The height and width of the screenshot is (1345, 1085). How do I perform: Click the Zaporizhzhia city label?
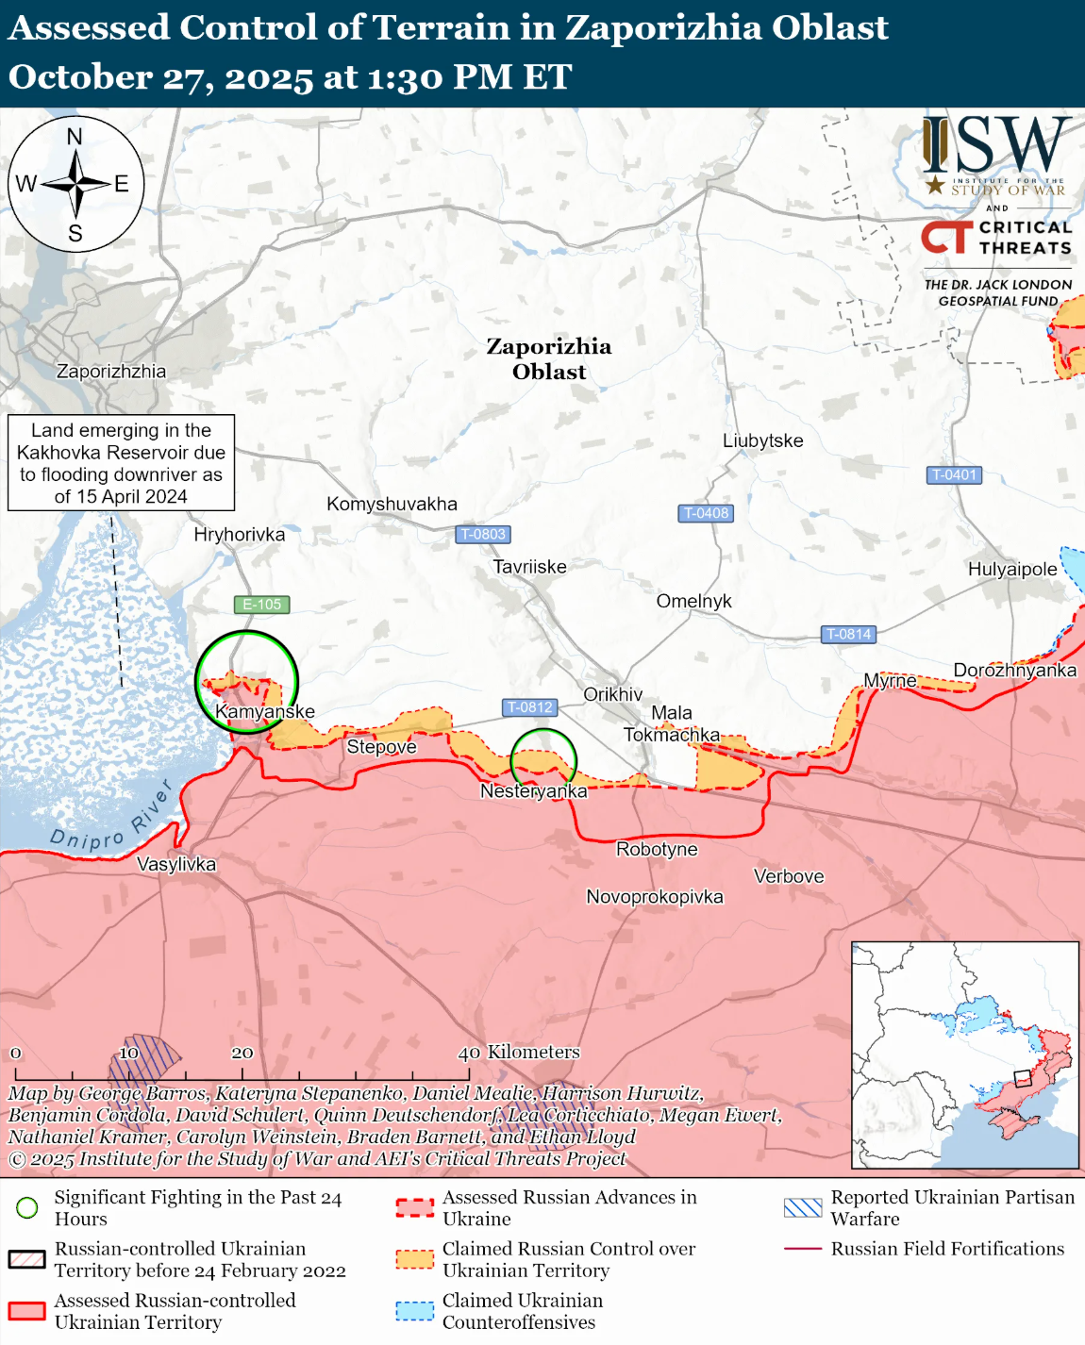[111, 372]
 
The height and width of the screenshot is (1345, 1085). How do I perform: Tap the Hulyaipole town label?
[1012, 569]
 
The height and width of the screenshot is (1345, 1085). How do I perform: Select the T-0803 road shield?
[483, 534]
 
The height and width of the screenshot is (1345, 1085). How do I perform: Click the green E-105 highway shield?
[261, 605]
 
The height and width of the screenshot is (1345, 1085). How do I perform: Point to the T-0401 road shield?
[954, 474]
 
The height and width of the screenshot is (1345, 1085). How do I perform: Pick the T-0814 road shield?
[848, 634]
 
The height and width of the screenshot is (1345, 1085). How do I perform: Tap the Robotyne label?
[657, 849]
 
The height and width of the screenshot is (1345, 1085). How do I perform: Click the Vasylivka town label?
[176, 864]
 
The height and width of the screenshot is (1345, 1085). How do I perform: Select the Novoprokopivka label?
[655, 896]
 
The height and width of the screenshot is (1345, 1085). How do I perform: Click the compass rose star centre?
[75, 184]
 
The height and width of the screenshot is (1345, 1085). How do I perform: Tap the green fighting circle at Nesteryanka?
[543, 759]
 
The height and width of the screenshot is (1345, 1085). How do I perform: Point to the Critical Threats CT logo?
[946, 237]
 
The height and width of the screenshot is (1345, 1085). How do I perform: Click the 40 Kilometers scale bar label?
[519, 1052]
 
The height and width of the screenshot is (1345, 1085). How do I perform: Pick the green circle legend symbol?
[28, 1207]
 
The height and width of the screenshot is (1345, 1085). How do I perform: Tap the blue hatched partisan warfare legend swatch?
[803, 1207]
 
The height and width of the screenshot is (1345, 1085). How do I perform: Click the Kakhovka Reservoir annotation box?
[121, 463]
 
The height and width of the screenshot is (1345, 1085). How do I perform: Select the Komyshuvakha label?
[392, 504]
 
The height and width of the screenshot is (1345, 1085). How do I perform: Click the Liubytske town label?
[762, 440]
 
